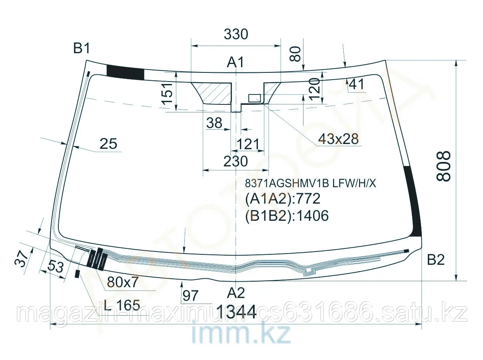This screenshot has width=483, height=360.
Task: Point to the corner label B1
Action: [x=82, y=49]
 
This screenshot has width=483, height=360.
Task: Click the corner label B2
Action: [x=435, y=260]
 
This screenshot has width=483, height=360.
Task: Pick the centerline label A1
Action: [x=236, y=62]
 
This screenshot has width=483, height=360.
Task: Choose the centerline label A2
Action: [x=236, y=293]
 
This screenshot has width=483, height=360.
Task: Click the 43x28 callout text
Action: [x=338, y=139]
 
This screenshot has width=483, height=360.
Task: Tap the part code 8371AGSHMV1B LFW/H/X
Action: [x=310, y=183]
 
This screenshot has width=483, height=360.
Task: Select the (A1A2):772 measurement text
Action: [x=283, y=199]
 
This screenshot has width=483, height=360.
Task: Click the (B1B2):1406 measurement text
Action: [x=287, y=216]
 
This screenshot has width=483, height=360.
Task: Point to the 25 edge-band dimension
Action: [x=108, y=144]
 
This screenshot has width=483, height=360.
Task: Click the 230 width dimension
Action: [x=236, y=161]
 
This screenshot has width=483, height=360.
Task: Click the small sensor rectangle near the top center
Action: [x=255, y=98]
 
